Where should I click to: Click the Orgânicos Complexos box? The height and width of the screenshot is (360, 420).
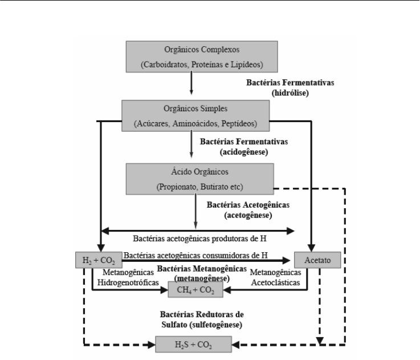202,56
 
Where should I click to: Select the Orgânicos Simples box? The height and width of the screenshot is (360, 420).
195,116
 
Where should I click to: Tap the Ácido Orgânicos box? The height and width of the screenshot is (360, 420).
200,179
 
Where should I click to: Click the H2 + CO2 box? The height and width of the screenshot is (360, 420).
99,260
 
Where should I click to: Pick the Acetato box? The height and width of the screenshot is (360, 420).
317,260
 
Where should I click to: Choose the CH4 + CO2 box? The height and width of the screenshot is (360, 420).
195,289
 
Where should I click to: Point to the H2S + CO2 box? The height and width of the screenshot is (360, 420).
193,344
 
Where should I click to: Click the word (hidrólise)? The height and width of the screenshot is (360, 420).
290,93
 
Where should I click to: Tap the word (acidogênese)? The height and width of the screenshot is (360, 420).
244,152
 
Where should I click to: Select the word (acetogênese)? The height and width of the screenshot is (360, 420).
248,216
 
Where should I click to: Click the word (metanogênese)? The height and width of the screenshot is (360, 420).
202,279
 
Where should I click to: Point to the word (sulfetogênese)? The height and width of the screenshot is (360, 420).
216,325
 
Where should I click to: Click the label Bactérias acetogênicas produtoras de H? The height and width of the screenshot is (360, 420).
200,238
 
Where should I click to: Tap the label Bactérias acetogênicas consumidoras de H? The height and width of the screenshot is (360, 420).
195,255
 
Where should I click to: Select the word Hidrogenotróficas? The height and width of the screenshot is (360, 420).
128,282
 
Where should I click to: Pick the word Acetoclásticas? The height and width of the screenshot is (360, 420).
275,282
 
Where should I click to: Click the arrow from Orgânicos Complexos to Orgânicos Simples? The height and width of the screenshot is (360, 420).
191,83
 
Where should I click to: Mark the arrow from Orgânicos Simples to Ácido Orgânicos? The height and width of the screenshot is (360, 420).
191,144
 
